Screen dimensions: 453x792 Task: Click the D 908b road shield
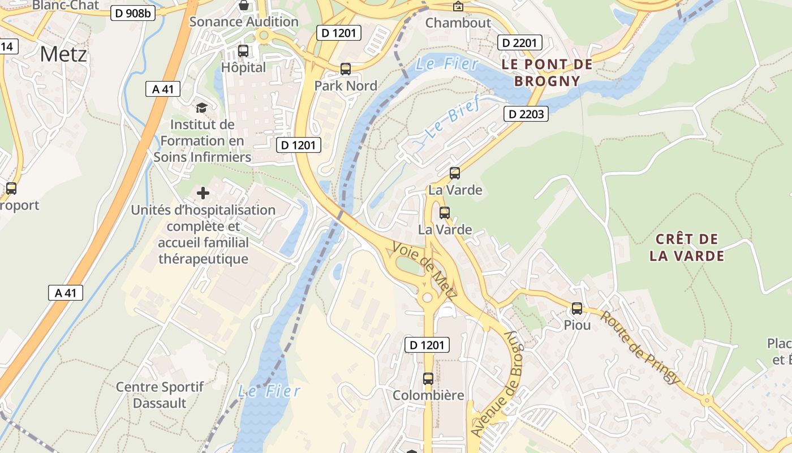[132, 13]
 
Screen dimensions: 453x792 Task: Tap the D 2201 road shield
[520, 42]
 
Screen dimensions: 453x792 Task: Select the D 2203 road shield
[526, 114]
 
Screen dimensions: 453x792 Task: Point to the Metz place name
[64, 54]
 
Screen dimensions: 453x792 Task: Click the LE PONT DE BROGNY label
[547, 72]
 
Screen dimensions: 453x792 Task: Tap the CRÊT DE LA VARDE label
[687, 247]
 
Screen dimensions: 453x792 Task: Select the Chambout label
[458, 23]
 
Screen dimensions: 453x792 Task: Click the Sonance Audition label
[244, 22]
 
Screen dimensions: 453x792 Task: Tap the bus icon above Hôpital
[243, 51]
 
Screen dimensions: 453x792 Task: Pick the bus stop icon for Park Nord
[345, 69]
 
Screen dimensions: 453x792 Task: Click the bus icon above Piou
[577, 309]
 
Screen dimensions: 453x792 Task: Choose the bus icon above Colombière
[428, 378]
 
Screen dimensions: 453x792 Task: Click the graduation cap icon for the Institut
[201, 108]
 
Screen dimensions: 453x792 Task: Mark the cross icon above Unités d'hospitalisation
[203, 194]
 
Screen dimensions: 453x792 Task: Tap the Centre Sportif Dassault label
[160, 395]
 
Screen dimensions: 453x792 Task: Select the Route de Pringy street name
[639, 347]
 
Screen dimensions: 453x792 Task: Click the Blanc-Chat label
[66, 5]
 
